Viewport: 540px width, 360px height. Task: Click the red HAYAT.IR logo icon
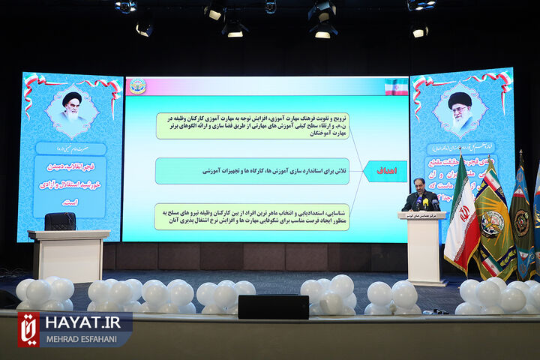28,329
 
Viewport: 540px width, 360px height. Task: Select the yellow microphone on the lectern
424,203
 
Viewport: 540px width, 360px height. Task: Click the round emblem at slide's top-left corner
138,85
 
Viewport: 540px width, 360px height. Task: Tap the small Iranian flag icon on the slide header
396,86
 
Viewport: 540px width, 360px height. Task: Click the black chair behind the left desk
60,221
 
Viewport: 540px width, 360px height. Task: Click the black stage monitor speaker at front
273,307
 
